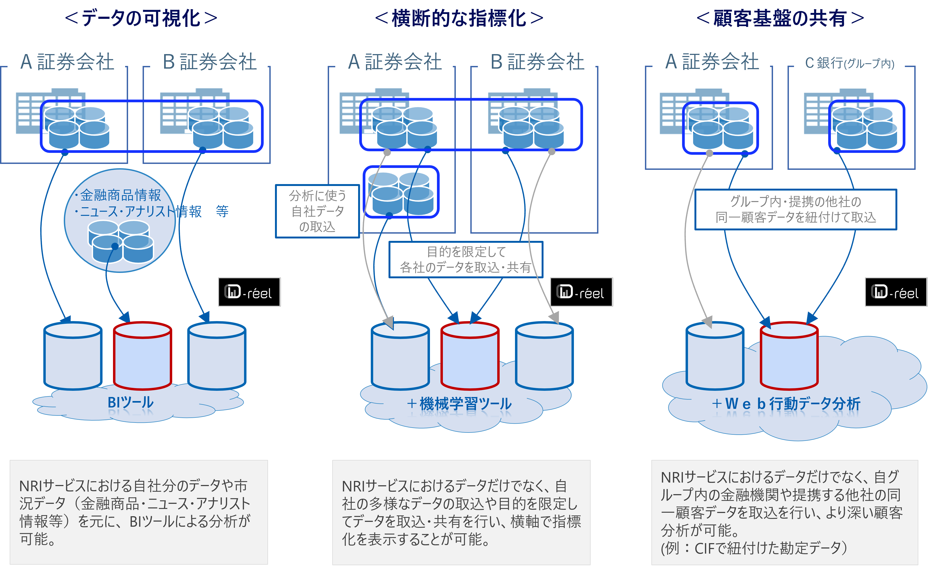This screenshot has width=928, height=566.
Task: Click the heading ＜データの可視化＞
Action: [141, 18]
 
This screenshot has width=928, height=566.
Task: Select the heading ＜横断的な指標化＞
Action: [459, 18]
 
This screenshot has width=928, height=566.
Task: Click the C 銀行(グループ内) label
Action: [849, 63]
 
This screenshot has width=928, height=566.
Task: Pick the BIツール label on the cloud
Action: [131, 402]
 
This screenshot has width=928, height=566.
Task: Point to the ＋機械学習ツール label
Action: [459, 404]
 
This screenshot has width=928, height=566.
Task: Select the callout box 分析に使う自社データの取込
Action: [317, 211]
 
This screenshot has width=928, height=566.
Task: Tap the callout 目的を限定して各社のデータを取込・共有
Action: [465, 259]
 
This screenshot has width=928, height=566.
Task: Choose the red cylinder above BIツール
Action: [142, 356]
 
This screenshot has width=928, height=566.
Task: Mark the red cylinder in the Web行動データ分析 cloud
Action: [789, 356]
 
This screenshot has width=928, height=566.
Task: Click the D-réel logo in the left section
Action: [249, 292]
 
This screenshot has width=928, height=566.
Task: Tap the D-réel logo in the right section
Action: [896, 292]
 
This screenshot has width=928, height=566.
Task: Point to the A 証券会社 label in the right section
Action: [711, 61]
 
